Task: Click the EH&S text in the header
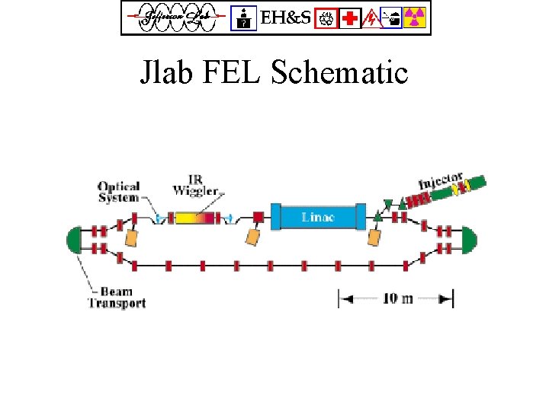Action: [286, 18]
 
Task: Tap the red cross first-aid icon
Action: [351, 18]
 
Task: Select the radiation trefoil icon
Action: [416, 18]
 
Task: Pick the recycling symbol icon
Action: [329, 18]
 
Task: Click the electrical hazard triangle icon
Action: [371, 18]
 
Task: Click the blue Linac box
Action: [318, 217]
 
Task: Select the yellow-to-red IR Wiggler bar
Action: [196, 218]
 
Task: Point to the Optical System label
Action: [118, 192]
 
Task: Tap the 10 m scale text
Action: [396, 298]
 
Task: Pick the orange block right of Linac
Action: [374, 237]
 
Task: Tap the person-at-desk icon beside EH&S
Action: [244, 18]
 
